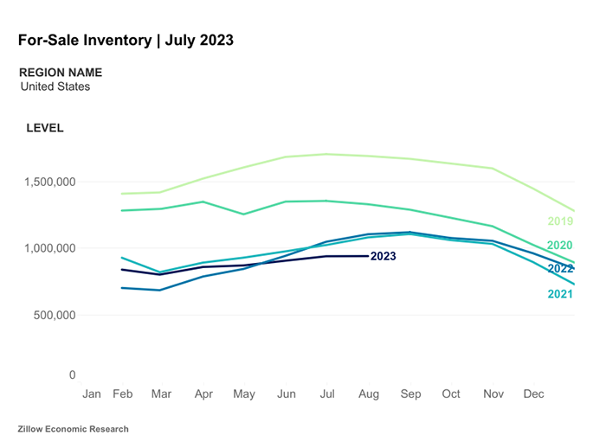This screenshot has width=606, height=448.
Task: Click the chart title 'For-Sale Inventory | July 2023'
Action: point(126,41)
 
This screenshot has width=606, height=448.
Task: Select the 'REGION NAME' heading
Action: point(61,73)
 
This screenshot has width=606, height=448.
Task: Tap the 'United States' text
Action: point(55,86)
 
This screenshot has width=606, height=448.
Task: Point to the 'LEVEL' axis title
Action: point(45,128)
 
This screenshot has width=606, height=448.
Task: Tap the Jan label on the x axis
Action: point(92,394)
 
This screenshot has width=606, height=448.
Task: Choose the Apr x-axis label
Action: point(203,394)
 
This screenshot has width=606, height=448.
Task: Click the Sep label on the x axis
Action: point(410,394)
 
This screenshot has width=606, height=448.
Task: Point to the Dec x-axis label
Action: point(534,394)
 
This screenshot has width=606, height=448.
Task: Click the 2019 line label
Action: point(560,221)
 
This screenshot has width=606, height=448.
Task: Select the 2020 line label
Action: point(560,246)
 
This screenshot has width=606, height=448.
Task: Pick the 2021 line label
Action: point(560,295)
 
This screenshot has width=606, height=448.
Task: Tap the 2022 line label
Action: point(560,269)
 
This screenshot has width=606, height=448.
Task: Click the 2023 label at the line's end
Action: point(384,257)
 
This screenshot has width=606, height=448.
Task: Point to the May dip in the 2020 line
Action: point(244,214)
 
